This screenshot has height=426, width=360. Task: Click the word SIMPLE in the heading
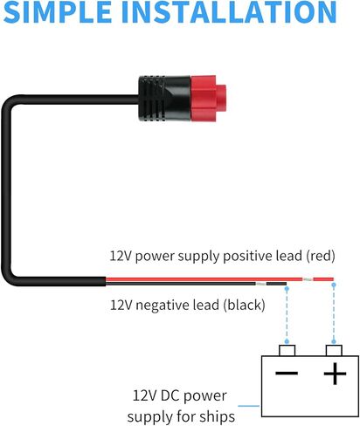click(58, 11)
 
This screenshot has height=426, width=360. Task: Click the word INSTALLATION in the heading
click(229, 11)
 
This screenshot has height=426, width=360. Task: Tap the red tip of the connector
click(208, 99)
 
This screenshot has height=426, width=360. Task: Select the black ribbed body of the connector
click(164, 99)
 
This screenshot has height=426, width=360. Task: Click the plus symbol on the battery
click(335, 374)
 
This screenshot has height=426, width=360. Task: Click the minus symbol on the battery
click(287, 373)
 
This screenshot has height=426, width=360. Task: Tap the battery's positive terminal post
click(334, 350)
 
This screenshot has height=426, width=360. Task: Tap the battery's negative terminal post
click(287, 350)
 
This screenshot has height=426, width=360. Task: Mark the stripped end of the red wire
click(307, 279)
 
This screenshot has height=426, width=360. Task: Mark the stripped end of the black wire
click(261, 284)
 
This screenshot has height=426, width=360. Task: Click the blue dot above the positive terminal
click(334, 285)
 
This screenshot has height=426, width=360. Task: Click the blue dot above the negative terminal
click(287, 288)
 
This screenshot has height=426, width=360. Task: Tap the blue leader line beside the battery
click(248, 406)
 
